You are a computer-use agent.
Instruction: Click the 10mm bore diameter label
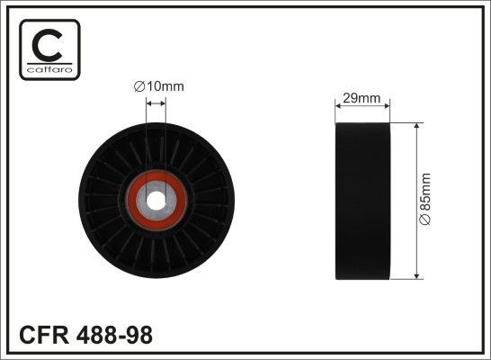pos(158,86)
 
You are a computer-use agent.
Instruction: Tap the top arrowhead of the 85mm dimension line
pos(415,128)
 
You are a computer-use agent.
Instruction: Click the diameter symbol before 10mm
pos(138,86)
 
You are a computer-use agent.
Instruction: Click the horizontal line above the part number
pos(245,317)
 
